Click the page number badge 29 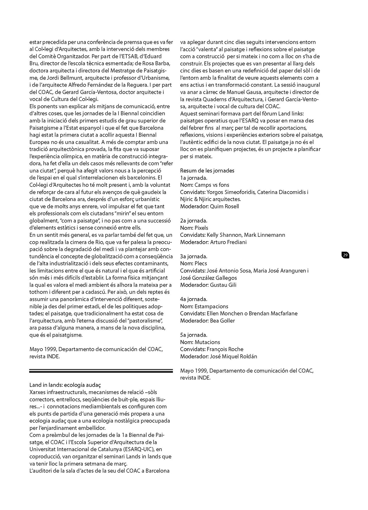point(345,255)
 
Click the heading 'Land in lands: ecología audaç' point(65,385)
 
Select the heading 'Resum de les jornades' point(207,171)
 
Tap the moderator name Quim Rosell point(224,206)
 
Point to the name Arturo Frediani point(228,242)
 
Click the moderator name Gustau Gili point(223,285)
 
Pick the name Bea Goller point(222,320)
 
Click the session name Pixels point(201,228)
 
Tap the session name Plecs point(201,263)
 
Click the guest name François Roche point(225,349)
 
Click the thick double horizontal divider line point(101,371)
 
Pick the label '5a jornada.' point(194,335)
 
